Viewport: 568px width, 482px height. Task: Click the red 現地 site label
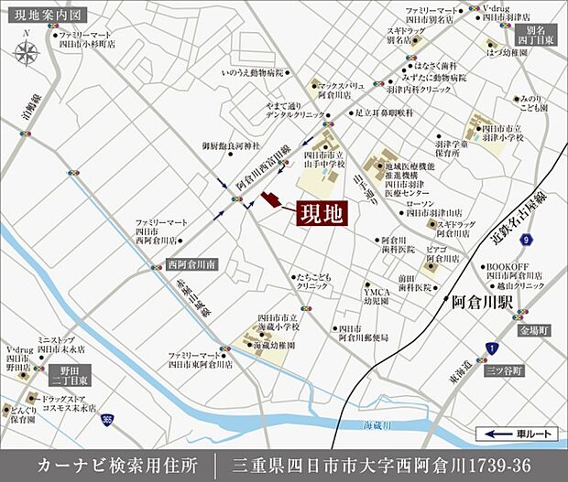[320, 215]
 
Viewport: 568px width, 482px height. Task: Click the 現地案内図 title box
[45, 16]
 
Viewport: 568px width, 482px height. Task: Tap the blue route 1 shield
[493, 349]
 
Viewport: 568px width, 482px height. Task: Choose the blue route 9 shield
[525, 241]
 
